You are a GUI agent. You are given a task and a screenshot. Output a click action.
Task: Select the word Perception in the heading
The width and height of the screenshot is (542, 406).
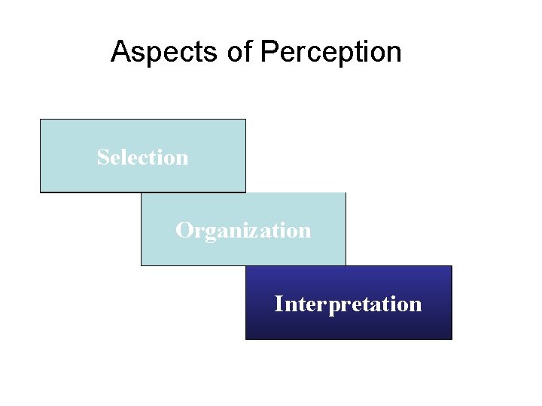(x=330, y=52)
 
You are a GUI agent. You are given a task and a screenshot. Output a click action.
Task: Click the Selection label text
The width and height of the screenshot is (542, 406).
(x=142, y=157)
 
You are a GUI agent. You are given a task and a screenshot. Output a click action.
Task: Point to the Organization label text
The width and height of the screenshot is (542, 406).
(x=243, y=230)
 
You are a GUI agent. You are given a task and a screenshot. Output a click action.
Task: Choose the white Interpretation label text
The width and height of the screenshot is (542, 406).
(x=348, y=304)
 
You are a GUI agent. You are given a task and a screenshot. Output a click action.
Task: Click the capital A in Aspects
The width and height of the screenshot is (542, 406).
(x=119, y=52)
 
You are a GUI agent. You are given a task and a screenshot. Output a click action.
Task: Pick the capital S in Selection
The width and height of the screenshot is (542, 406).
(x=102, y=157)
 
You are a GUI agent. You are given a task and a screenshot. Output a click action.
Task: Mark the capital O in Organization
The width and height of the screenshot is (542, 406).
(x=183, y=230)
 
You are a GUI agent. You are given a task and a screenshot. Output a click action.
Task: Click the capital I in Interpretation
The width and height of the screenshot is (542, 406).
(x=279, y=304)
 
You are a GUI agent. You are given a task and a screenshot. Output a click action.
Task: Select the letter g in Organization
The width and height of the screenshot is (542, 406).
(x=208, y=232)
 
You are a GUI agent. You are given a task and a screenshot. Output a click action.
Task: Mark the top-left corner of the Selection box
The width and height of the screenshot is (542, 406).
(x=41, y=120)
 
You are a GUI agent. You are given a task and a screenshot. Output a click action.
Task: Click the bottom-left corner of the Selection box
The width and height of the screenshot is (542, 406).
(x=41, y=192)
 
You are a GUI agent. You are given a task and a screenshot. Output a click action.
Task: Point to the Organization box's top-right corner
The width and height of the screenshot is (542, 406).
(x=346, y=193)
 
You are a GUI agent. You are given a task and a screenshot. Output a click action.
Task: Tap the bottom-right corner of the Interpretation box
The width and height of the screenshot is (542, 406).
(x=451, y=339)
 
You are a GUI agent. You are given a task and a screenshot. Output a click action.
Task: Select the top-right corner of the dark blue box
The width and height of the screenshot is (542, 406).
(x=451, y=266)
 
